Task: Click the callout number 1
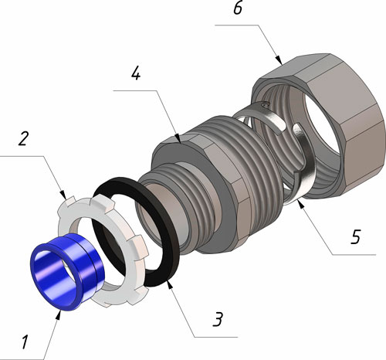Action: click(x=25, y=342)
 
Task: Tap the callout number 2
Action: click(x=23, y=139)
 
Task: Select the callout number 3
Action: click(x=218, y=319)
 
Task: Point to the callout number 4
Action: click(x=136, y=73)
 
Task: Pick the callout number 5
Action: click(x=356, y=236)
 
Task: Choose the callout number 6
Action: click(x=238, y=8)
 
